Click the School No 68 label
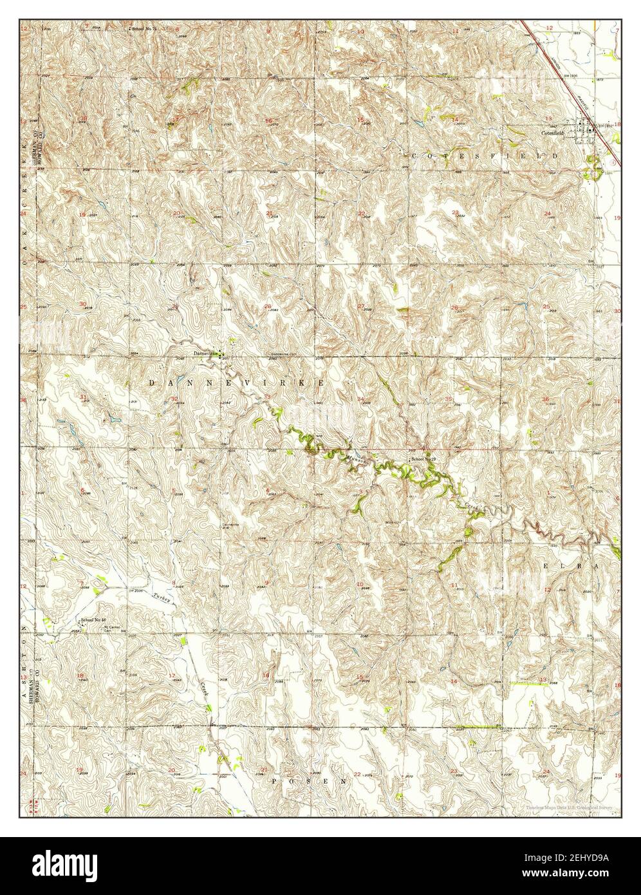[x=93, y=620]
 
